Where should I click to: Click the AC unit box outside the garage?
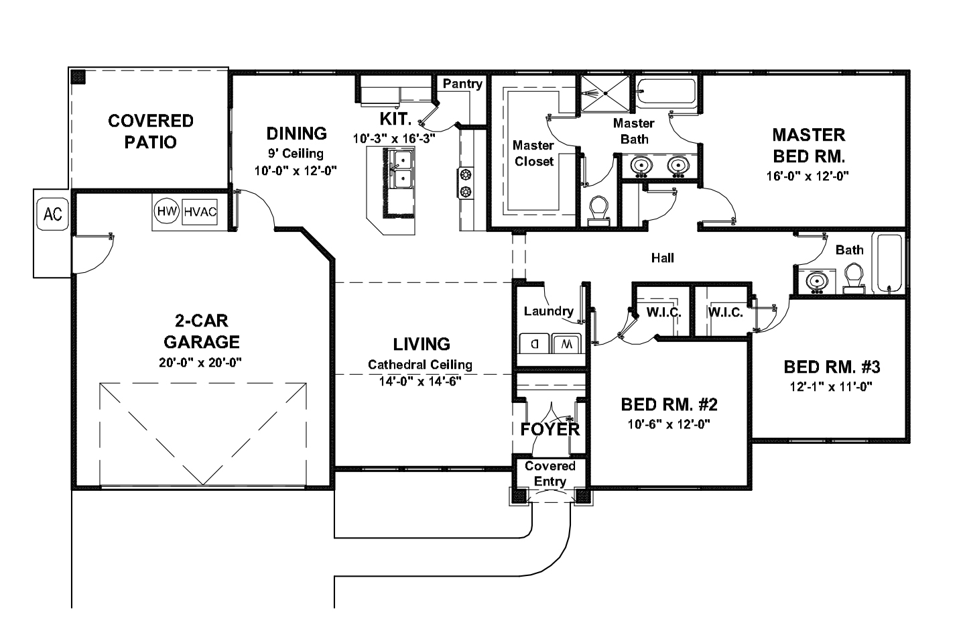[x=52, y=214]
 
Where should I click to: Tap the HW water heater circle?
[x=166, y=211]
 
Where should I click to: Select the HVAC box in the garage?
[x=200, y=212]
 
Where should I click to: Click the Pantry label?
[x=462, y=84]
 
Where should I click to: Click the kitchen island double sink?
[x=401, y=170]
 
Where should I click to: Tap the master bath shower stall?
[x=604, y=93]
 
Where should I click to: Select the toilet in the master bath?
[x=597, y=209]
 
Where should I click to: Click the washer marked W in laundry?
[x=567, y=343]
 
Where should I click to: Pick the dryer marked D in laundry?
[x=535, y=343]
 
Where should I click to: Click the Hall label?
[x=662, y=258]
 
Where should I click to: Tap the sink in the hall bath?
[x=816, y=281]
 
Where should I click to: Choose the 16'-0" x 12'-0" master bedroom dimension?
[x=808, y=176]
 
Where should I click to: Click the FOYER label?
[x=550, y=429]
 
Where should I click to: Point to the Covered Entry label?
[x=550, y=473]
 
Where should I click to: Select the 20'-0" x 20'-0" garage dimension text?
[x=202, y=362]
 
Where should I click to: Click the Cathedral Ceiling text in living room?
[x=420, y=365]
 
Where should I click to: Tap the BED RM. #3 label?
[x=831, y=367]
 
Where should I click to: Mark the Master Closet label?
[x=533, y=154]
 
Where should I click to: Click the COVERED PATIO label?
[x=151, y=131]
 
